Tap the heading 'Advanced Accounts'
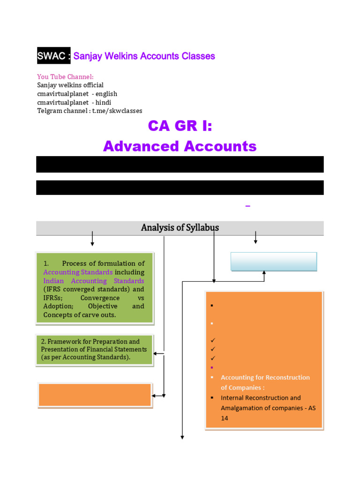point(180,146)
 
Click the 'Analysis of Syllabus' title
point(180,228)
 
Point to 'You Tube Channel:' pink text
point(65,77)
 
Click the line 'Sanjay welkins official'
point(70,85)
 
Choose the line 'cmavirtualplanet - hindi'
point(74,102)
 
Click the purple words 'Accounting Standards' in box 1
point(78,272)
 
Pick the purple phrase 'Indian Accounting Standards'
point(94,281)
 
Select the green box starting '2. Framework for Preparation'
point(95,350)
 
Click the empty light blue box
point(274,262)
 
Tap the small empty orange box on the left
point(95,395)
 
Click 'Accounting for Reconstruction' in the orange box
point(265,377)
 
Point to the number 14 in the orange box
point(225,418)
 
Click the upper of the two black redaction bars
point(180,165)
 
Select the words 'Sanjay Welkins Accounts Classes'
point(144,56)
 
